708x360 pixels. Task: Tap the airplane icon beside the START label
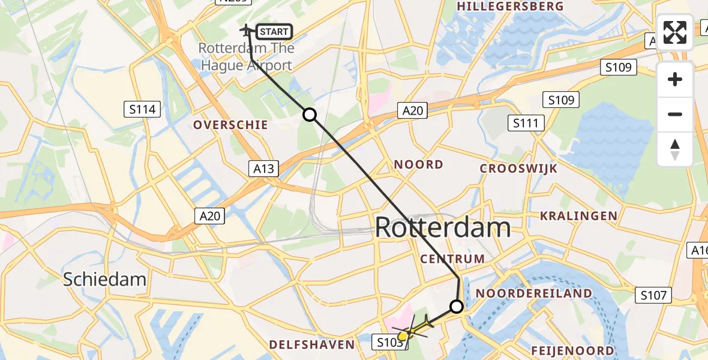click(246, 29)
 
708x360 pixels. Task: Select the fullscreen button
click(675, 32)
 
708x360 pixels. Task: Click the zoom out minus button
click(675, 114)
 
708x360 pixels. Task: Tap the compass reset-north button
click(675, 149)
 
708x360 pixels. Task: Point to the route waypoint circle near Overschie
click(309, 115)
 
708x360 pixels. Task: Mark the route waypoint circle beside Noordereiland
click(457, 307)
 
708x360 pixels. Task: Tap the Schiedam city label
click(105, 279)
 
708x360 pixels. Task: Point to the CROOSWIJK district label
click(518, 169)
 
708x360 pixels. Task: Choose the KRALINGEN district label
click(578, 216)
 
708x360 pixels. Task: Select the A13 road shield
click(263, 169)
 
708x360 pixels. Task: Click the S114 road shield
click(143, 109)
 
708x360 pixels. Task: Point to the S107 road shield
click(653, 295)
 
